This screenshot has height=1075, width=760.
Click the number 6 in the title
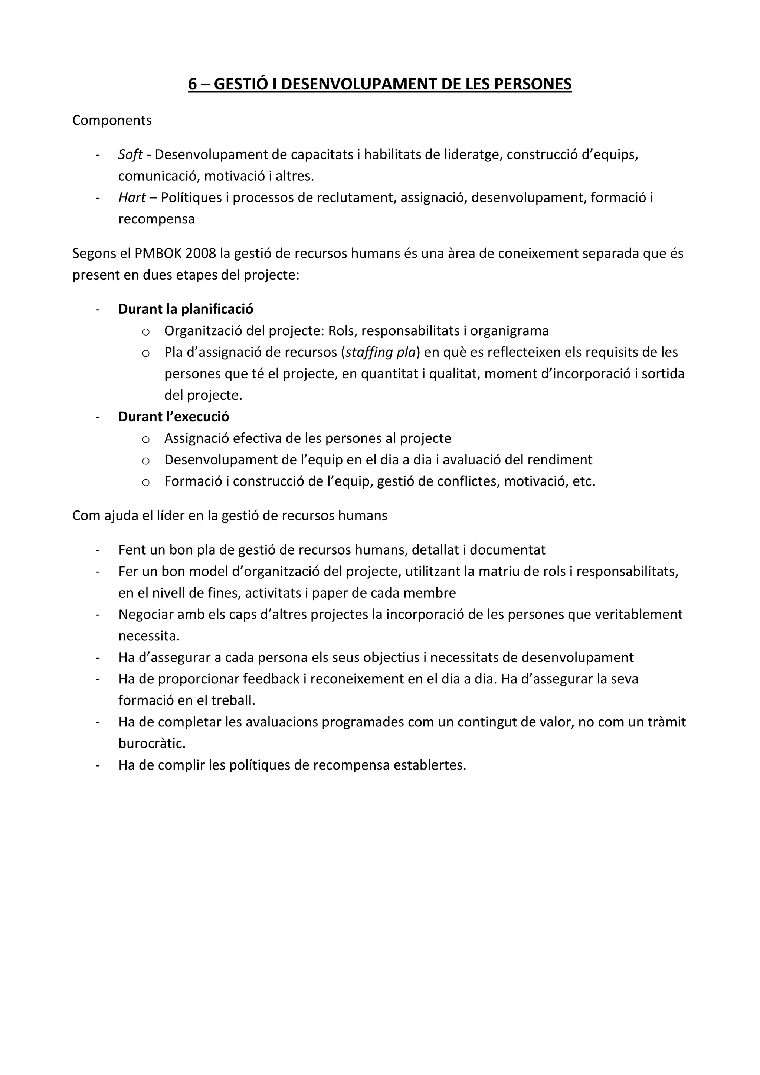pyautogui.click(x=192, y=84)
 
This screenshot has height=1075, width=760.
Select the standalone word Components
pyautogui.click(x=112, y=120)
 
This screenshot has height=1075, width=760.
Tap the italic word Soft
pyautogui.click(x=130, y=154)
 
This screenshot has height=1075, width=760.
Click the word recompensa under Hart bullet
pyautogui.click(x=156, y=219)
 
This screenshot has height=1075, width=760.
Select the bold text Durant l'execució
pyautogui.click(x=174, y=417)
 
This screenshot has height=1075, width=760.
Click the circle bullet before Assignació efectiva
pyautogui.click(x=145, y=439)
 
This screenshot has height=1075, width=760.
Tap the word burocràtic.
pyautogui.click(x=152, y=744)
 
